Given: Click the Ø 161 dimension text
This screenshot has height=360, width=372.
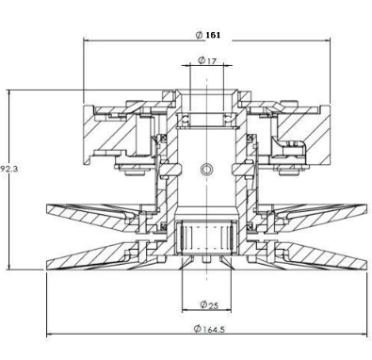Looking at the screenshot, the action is [208, 35].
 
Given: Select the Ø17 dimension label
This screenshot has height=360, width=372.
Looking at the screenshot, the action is [207, 60].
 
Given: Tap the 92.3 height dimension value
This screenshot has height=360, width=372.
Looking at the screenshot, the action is [9, 169].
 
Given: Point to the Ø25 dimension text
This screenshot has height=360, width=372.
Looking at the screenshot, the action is [209, 304].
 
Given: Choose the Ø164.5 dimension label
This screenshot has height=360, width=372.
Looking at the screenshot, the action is [209, 329].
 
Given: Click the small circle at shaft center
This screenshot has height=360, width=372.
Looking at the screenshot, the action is [205, 170].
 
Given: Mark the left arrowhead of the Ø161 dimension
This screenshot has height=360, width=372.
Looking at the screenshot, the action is [87, 41].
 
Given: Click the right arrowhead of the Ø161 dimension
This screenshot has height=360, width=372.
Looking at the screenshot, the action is [327, 40].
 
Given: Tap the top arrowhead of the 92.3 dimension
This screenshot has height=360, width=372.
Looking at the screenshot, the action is [9, 93].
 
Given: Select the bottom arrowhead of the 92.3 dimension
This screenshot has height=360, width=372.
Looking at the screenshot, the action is [9, 266].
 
